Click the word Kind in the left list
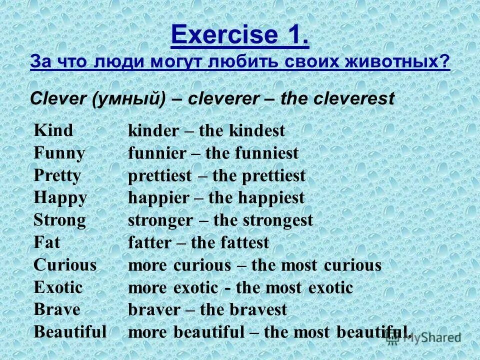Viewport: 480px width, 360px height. click(x=53, y=130)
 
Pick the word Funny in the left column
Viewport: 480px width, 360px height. click(x=59, y=152)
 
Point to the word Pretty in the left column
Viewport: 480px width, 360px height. click(x=57, y=175)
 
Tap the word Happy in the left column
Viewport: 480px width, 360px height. click(x=60, y=197)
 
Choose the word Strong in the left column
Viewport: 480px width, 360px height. click(x=59, y=219)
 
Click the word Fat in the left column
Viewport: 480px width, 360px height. click(x=46, y=242)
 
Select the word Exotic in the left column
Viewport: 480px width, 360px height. click(x=58, y=287)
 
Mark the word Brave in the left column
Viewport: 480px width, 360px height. click(x=56, y=309)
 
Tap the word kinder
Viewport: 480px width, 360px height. click(x=153, y=131)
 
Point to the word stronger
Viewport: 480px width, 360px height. click(x=160, y=220)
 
